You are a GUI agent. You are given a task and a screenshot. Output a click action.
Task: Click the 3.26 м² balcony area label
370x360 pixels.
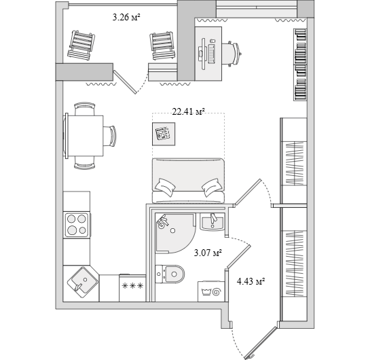coord(126,17)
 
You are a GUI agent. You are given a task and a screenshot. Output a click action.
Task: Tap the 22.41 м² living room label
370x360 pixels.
coord(188,111)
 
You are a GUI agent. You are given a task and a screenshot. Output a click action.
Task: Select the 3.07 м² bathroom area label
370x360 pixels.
coord(208,253)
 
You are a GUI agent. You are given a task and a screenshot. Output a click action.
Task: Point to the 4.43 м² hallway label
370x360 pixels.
coord(251,281)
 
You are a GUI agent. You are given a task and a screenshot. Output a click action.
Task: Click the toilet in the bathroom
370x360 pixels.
coord(170,274)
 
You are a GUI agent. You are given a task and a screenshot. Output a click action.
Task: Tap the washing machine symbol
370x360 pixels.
coord(211,291)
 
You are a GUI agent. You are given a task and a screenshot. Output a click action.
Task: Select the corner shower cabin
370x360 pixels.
coord(176,233)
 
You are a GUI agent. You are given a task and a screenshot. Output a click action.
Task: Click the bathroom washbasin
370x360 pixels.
coord(212,221)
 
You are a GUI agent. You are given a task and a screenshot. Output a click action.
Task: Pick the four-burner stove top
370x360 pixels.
coord(77,225)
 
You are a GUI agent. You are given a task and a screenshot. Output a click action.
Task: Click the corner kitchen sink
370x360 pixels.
coord(82,282)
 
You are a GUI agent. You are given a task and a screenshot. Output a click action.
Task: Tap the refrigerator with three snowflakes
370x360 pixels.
coord(132,288)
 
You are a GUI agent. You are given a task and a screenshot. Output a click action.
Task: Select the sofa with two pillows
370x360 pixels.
coord(188,181)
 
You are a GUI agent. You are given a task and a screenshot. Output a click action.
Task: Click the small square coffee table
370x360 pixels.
coord(164,134)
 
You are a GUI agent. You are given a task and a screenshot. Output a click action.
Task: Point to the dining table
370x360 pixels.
coord(84,136)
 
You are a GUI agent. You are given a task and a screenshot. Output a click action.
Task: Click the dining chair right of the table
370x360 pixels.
coord(110,137)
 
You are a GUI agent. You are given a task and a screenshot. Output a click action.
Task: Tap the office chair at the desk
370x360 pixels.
coord(231,54)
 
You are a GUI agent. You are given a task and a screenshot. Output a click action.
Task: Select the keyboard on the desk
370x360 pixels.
coord(212,54)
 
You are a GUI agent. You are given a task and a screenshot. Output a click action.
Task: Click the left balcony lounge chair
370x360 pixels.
coord(81,45)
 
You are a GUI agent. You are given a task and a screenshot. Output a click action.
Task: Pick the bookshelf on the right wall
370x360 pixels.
coord(300,65)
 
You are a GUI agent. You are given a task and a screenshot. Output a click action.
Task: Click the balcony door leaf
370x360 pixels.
coord(126,82)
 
